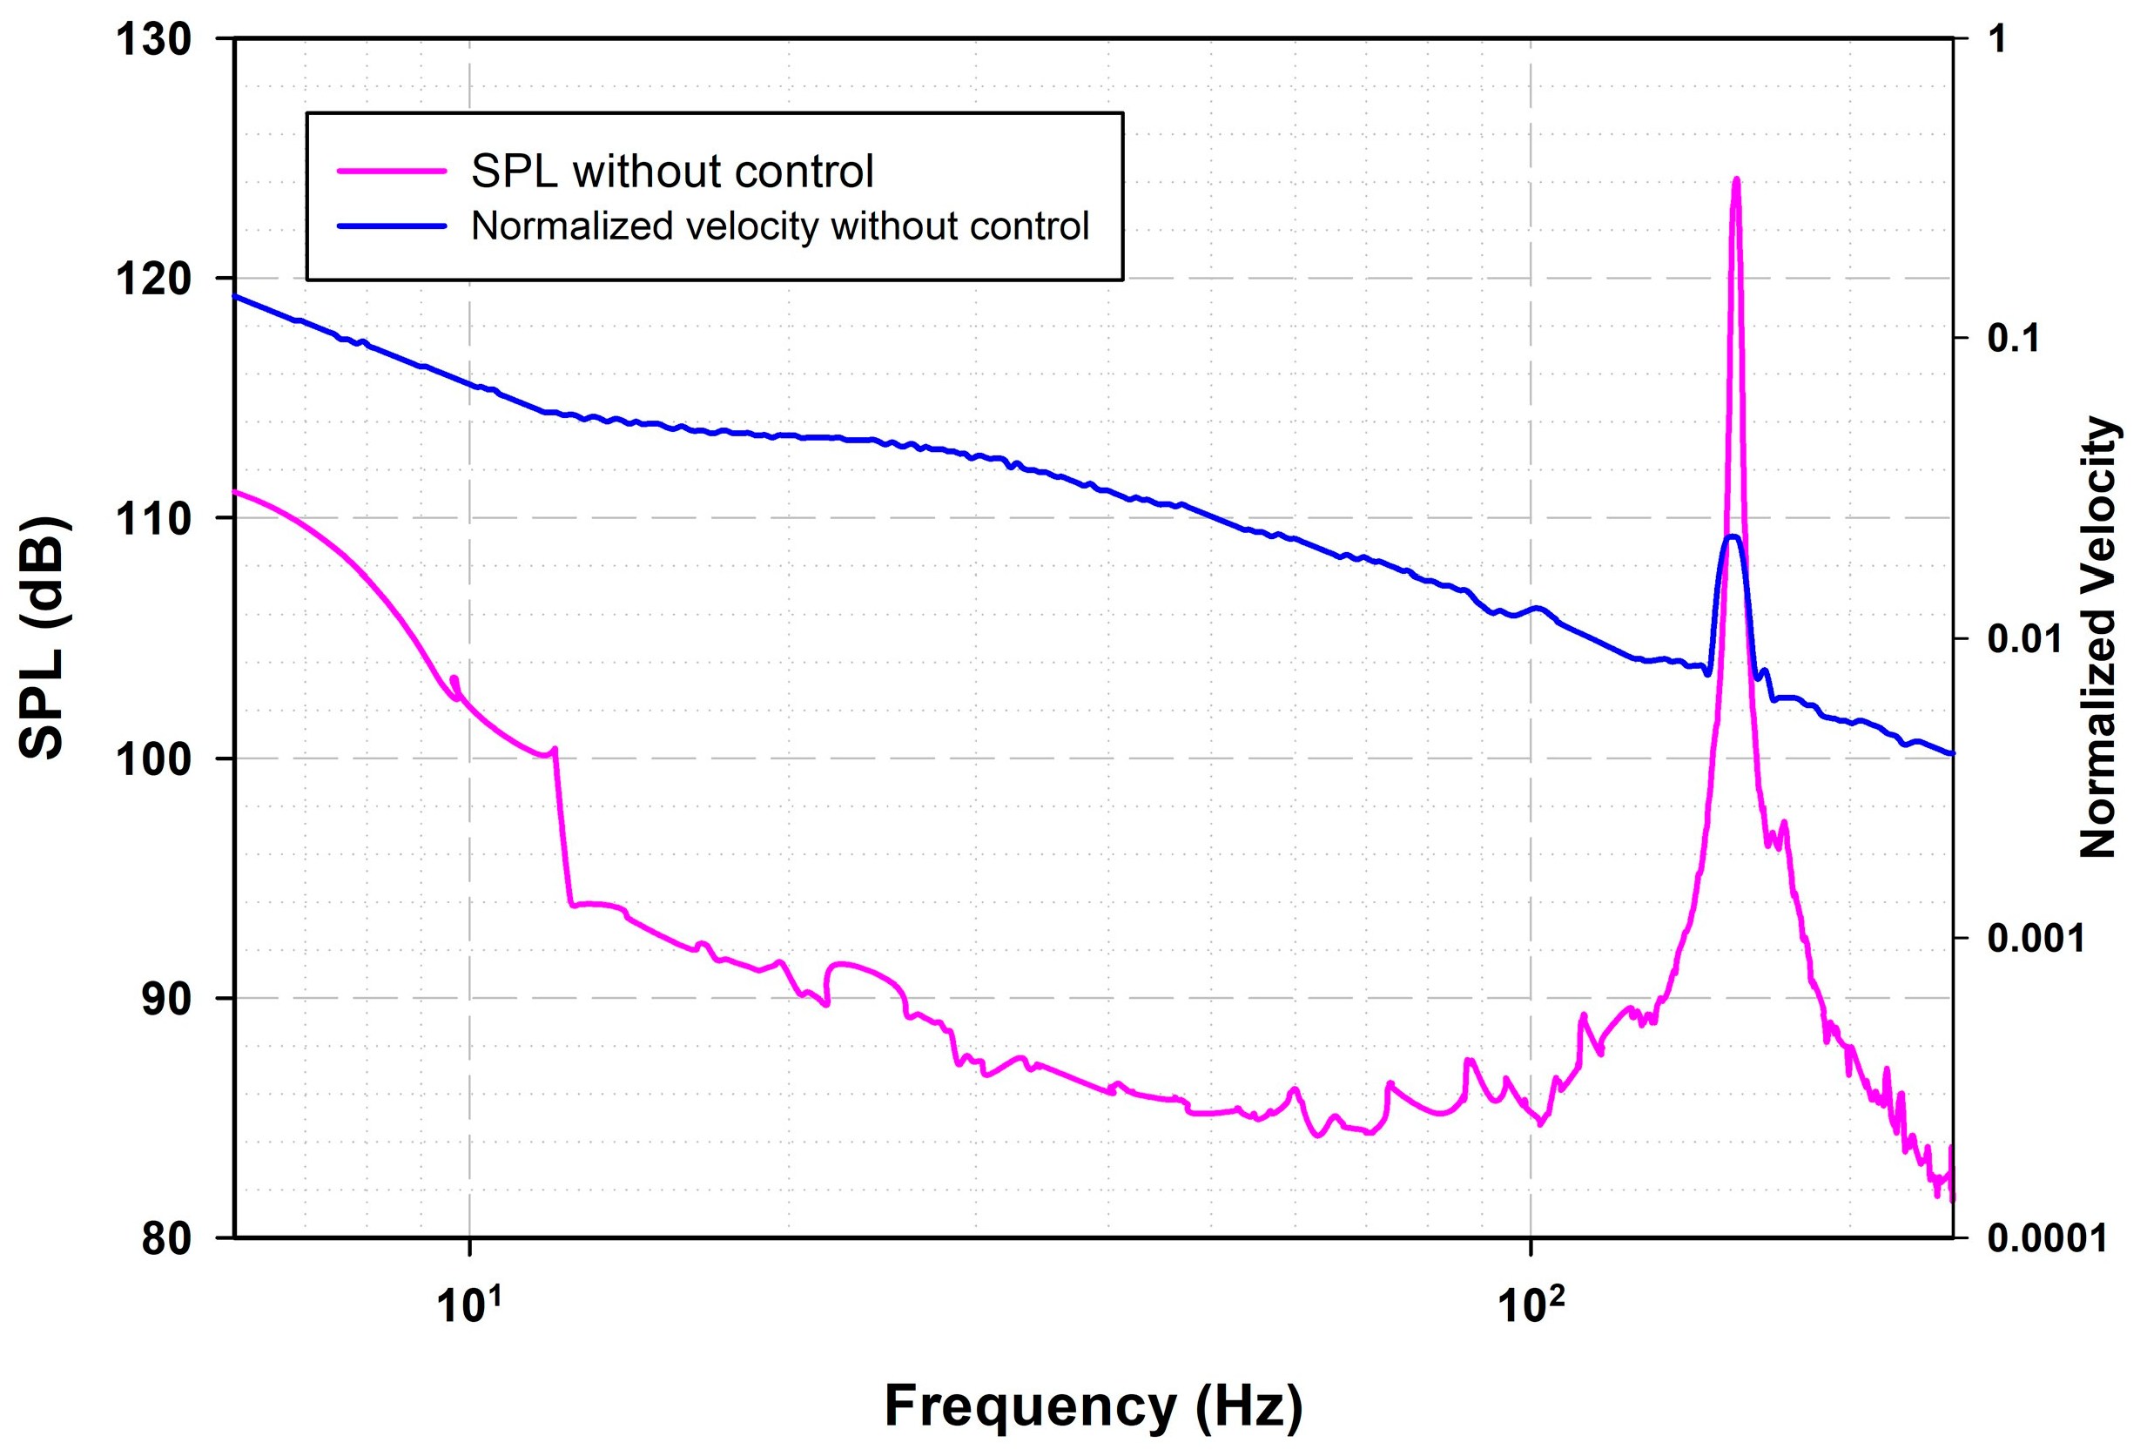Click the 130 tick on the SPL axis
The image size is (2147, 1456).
(152, 40)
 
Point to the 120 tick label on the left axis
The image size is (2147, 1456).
(152, 279)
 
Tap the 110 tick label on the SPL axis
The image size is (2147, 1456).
(152, 519)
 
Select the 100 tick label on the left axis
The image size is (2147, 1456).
(152, 759)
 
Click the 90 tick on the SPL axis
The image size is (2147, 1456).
(166, 1000)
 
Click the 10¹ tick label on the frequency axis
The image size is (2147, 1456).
(469, 1305)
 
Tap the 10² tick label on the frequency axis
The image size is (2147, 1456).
(1531, 1305)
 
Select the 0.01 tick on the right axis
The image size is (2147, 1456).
(2024, 639)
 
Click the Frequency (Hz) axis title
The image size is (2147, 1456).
(1093, 1405)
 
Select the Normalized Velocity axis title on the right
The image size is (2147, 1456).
(2097, 637)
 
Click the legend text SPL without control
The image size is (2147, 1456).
(671, 172)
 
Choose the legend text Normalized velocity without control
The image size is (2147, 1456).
(780, 226)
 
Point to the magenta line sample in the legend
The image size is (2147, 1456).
(392, 172)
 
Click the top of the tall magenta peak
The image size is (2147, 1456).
(1736, 179)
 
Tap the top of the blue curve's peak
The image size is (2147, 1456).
(1733, 536)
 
